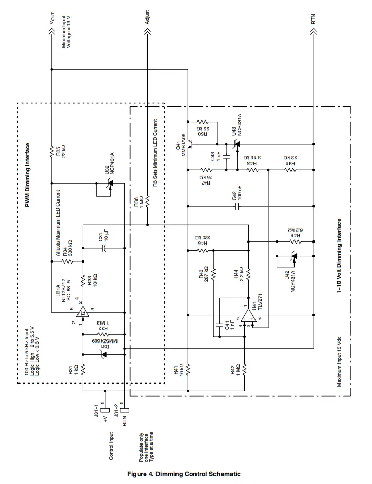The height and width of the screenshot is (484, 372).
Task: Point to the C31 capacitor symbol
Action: click(x=103, y=248)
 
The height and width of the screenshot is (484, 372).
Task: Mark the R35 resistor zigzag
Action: click(x=52, y=152)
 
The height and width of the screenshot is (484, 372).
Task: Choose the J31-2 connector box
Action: click(x=124, y=410)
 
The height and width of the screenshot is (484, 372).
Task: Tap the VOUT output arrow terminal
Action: click(x=52, y=33)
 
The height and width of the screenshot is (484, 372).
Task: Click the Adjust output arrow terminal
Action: click(x=147, y=33)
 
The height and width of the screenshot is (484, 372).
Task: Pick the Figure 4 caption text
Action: click(x=184, y=474)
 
